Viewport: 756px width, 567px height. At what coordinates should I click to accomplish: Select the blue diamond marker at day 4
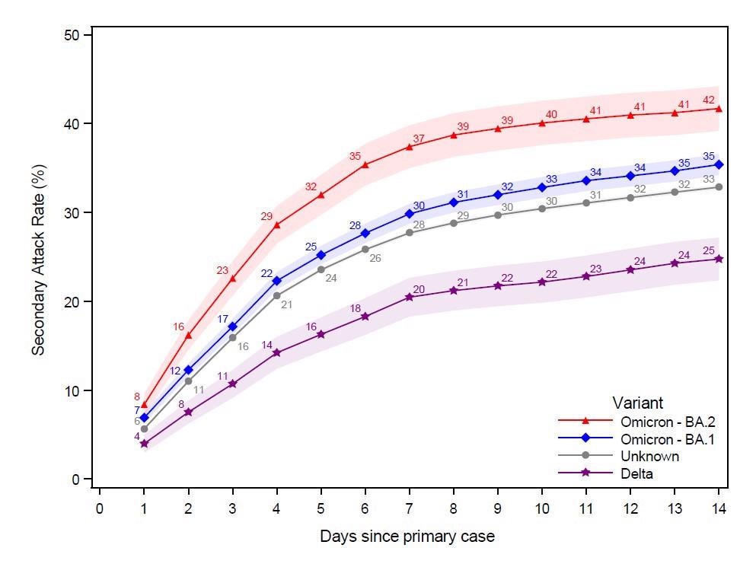click(276, 281)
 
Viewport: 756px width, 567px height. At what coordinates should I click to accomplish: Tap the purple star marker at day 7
click(409, 297)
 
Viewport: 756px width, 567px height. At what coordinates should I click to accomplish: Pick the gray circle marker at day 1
click(144, 428)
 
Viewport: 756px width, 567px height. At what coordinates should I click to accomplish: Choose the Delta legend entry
click(637, 473)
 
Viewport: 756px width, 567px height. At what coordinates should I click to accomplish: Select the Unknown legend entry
click(649, 456)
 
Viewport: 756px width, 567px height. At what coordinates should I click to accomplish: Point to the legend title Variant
click(637, 403)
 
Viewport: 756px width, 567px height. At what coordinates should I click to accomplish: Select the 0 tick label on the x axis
click(99, 508)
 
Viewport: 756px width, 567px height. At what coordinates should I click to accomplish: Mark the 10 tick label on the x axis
click(541, 508)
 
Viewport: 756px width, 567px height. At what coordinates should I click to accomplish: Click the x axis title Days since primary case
click(407, 537)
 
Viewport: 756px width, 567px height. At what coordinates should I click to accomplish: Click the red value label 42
click(708, 100)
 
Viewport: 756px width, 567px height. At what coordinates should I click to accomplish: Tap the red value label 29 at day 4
click(266, 216)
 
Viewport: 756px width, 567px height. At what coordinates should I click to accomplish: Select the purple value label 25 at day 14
click(708, 250)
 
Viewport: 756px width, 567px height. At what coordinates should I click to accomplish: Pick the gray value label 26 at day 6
click(375, 258)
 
